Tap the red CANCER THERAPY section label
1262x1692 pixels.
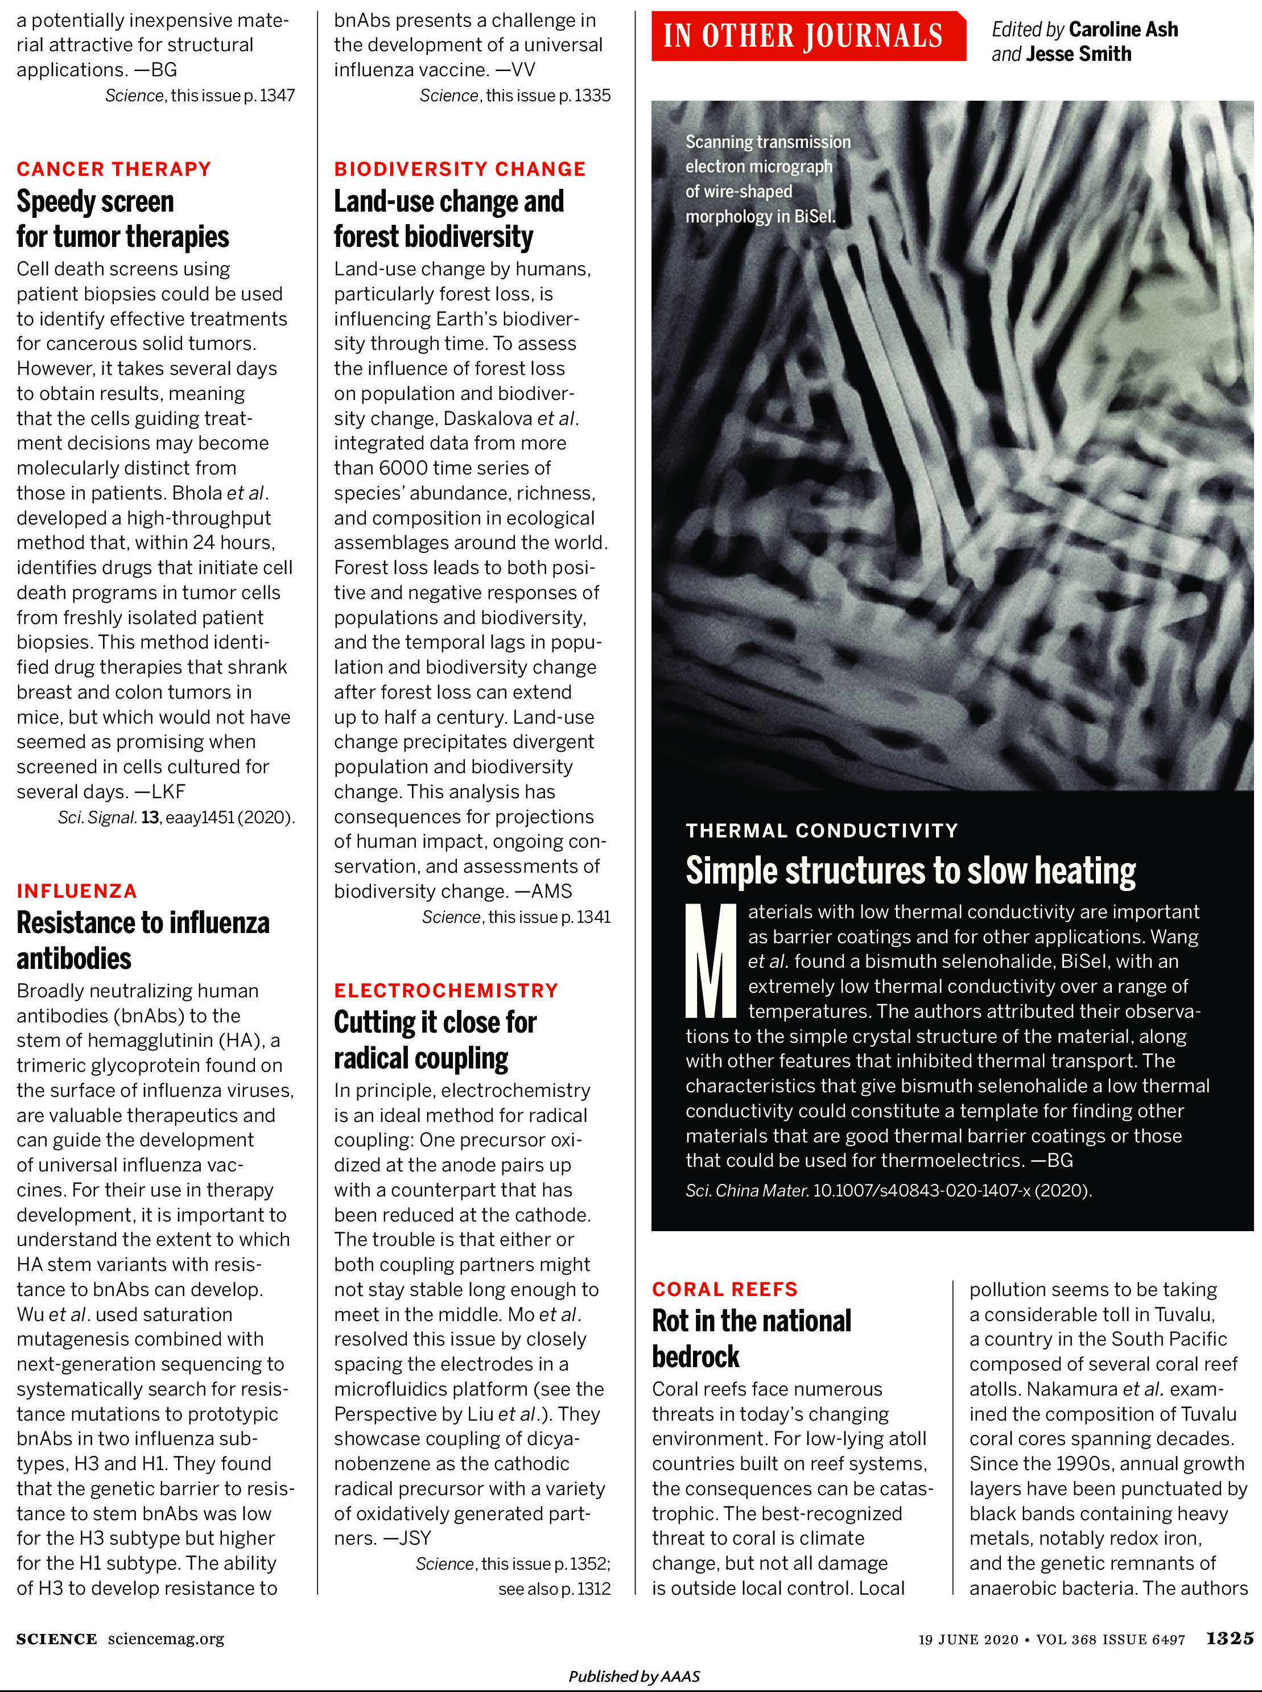point(114,169)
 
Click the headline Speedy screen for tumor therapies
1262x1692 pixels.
point(122,219)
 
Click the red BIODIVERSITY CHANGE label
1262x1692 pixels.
point(460,169)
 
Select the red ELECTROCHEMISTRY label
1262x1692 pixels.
point(446,990)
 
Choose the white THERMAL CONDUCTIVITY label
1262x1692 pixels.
point(821,830)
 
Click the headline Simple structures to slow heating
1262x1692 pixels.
point(910,871)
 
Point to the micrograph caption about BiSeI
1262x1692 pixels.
point(767,179)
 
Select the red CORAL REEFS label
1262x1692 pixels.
point(724,1289)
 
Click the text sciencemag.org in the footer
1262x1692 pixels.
point(166,1639)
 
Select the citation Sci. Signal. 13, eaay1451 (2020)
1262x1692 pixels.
point(176,818)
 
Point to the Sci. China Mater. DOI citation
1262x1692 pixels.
point(888,1190)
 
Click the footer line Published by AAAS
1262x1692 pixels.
point(633,1676)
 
